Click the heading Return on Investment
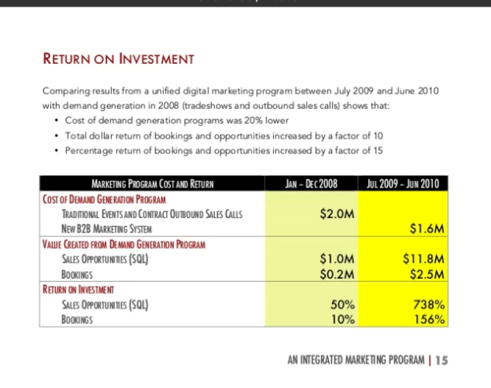pyautogui.click(x=118, y=59)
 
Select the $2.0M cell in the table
pyautogui.click(x=338, y=214)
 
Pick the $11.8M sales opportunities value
pyautogui.click(x=423, y=259)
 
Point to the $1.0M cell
pyautogui.click(x=338, y=259)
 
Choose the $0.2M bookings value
pyautogui.click(x=338, y=274)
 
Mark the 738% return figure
pyautogui.click(x=430, y=304)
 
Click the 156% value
pyautogui.click(x=430, y=319)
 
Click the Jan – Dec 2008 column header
pyautogui.click(x=312, y=184)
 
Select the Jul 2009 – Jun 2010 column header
pyautogui.click(x=403, y=184)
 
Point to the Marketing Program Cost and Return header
pyautogui.click(x=152, y=184)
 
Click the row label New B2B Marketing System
pyautogui.click(x=107, y=229)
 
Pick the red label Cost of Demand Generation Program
pyautogui.click(x=104, y=200)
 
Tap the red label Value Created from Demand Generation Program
pyautogui.click(x=123, y=244)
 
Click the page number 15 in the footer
pyautogui.click(x=441, y=360)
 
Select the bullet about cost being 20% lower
pyautogui.click(x=177, y=120)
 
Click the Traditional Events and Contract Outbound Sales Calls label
pyautogui.click(x=152, y=214)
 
